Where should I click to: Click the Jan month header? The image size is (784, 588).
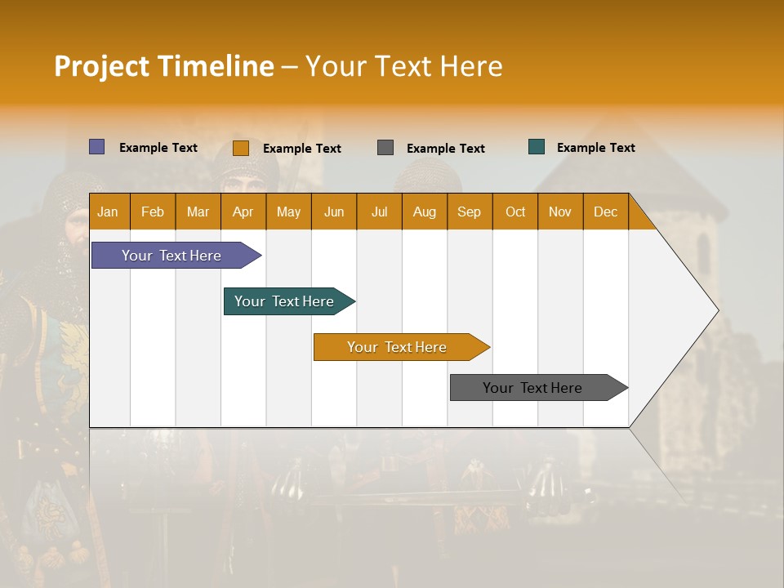pos(109,212)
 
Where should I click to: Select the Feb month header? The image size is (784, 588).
pos(153,212)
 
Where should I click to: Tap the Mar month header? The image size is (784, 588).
pos(198,212)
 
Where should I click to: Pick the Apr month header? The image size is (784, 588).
pos(243,212)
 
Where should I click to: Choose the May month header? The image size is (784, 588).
pos(288,212)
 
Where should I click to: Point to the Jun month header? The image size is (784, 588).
pos(334,212)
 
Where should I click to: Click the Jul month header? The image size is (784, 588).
pos(379,212)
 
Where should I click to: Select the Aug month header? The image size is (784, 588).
pos(425,212)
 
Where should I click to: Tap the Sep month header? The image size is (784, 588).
pos(470,212)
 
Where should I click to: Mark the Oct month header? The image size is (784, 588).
pos(515,212)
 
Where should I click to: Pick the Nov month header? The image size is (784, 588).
pos(560,212)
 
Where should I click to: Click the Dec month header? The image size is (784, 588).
pos(606,212)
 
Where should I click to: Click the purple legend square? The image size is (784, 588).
pos(97,147)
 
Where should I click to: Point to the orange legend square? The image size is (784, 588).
pos(241,148)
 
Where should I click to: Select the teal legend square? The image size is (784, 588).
pos(537,147)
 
